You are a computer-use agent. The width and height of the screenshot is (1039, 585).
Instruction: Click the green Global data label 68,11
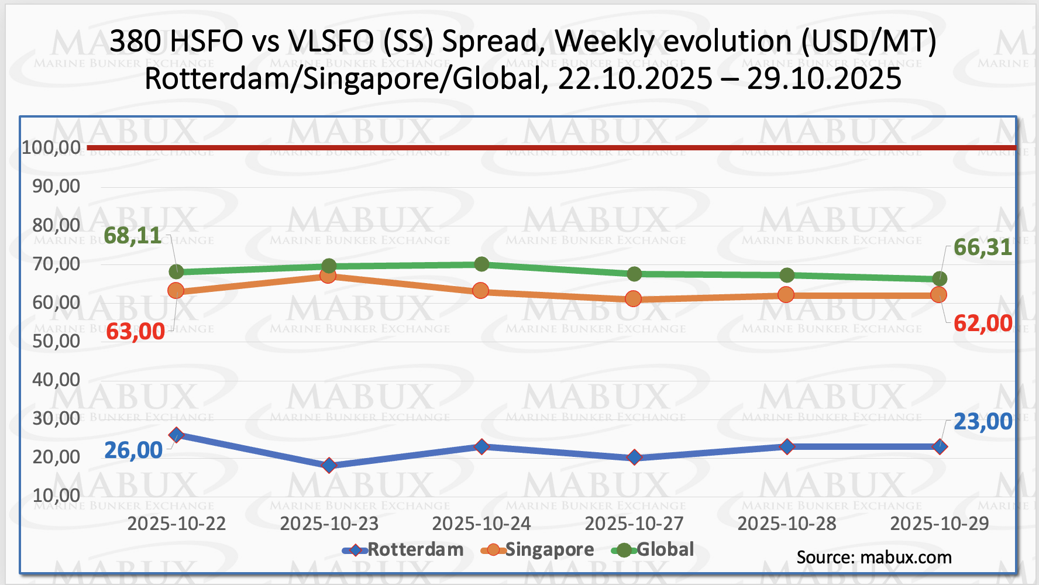click(133, 236)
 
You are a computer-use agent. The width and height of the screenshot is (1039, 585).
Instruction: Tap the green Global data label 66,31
click(982, 247)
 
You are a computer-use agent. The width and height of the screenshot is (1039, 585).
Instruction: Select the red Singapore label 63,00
click(135, 332)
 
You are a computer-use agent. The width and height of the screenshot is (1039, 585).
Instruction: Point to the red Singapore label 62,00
click(982, 323)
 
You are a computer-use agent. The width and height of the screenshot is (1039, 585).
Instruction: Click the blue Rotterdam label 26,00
click(133, 450)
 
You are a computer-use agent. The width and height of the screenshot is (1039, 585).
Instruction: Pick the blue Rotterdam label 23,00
click(982, 422)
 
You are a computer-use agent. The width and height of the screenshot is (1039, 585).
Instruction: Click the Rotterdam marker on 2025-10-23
click(329, 466)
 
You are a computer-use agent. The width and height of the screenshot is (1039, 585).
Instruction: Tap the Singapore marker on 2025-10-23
click(328, 276)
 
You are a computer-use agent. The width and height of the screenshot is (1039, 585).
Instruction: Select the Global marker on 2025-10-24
click(481, 264)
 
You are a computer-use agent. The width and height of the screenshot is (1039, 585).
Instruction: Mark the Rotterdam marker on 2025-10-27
click(634, 457)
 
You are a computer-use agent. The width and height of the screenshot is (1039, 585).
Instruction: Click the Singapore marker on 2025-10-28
click(786, 295)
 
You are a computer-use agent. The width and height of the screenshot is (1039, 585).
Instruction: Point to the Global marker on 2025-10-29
click(940, 278)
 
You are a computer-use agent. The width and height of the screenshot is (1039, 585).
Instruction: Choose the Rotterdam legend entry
click(403, 550)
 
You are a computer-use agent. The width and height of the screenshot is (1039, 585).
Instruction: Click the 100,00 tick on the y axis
click(51, 147)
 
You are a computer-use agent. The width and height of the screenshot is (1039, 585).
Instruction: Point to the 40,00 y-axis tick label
click(56, 380)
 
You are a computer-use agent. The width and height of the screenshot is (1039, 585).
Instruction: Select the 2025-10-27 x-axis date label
click(634, 524)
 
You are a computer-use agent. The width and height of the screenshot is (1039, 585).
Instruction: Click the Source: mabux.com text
click(874, 558)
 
